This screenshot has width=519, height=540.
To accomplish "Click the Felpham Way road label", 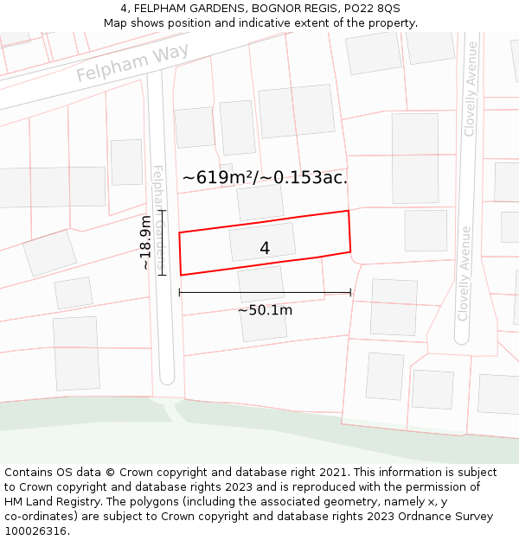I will pos(131,65).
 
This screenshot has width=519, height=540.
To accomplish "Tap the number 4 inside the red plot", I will pos(265,249).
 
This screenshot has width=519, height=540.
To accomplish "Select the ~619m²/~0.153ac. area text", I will pos(265,178).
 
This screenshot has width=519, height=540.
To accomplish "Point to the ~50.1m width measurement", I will pos(265,310).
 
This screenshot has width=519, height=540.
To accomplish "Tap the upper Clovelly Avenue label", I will pos(471,89).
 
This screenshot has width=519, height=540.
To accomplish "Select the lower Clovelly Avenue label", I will pos(465,273).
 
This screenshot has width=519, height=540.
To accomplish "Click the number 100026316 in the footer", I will pos(35,531).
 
